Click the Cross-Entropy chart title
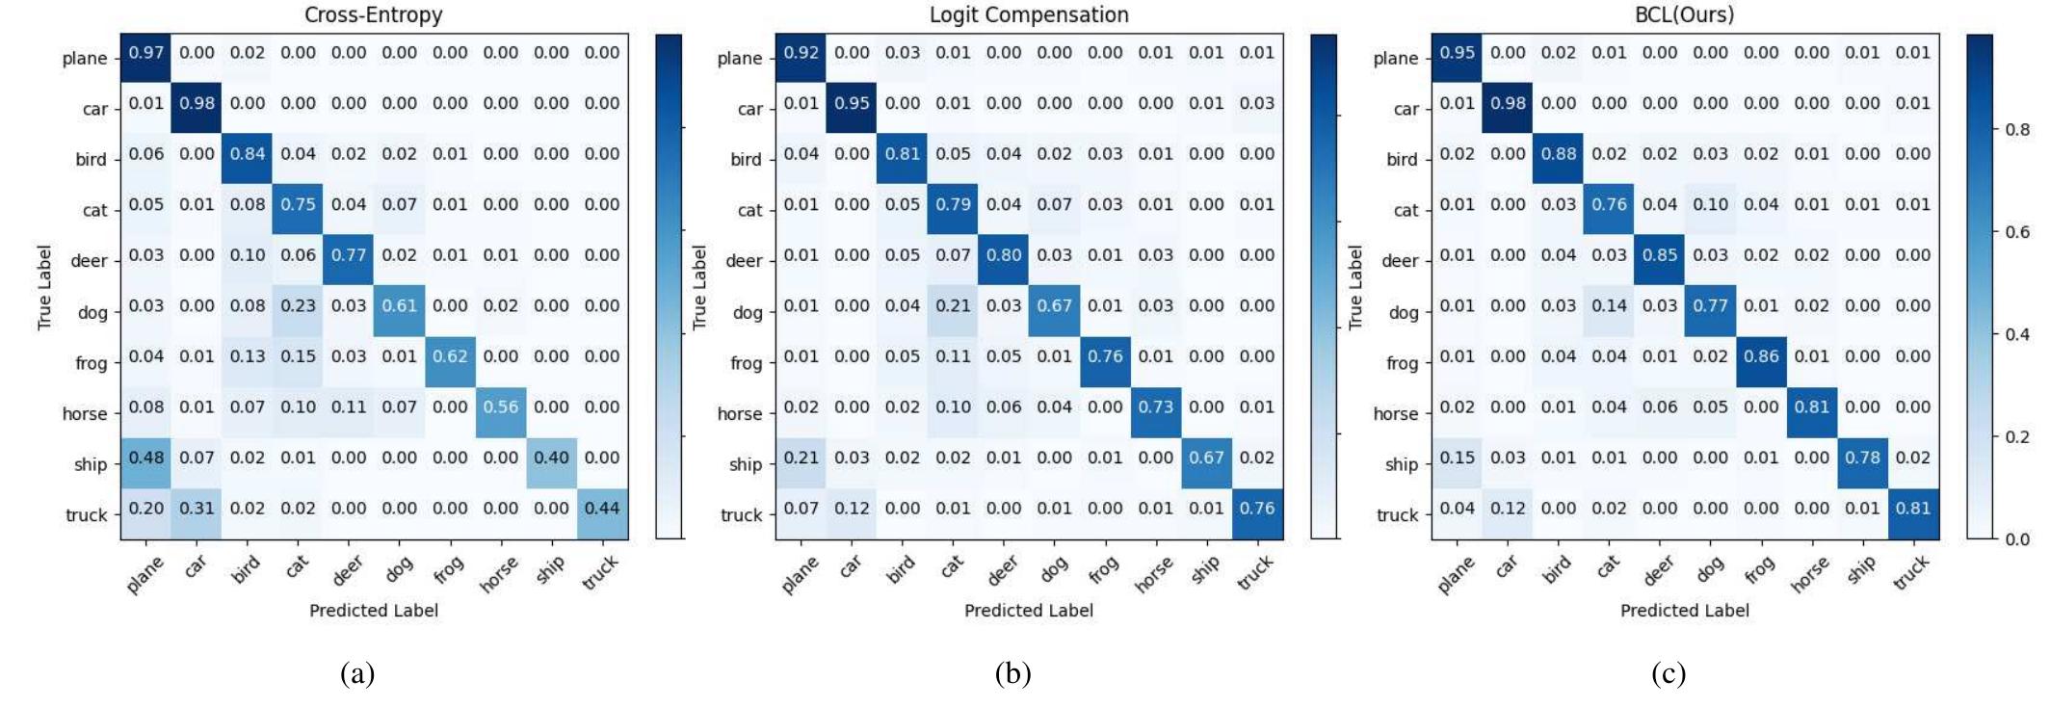(x=373, y=14)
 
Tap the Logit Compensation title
(x=1028, y=14)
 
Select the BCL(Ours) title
(x=1684, y=14)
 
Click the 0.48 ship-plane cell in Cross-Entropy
(x=145, y=458)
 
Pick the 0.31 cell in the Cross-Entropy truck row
(x=197, y=509)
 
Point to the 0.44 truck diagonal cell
(x=602, y=509)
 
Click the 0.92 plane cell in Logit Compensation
(x=801, y=53)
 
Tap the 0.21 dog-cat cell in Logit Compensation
(x=953, y=306)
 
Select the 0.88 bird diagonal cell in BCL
(x=1558, y=154)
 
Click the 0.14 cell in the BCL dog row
(x=1609, y=306)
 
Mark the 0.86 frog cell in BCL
(x=1761, y=356)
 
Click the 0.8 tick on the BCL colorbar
(x=2017, y=130)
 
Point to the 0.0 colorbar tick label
(x=2017, y=539)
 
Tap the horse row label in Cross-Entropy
(x=85, y=414)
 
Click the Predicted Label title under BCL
(x=1684, y=611)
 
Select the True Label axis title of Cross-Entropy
(x=44, y=287)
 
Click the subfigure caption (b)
(x=1012, y=673)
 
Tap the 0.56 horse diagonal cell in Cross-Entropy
(x=501, y=407)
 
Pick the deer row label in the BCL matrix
(x=1399, y=261)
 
